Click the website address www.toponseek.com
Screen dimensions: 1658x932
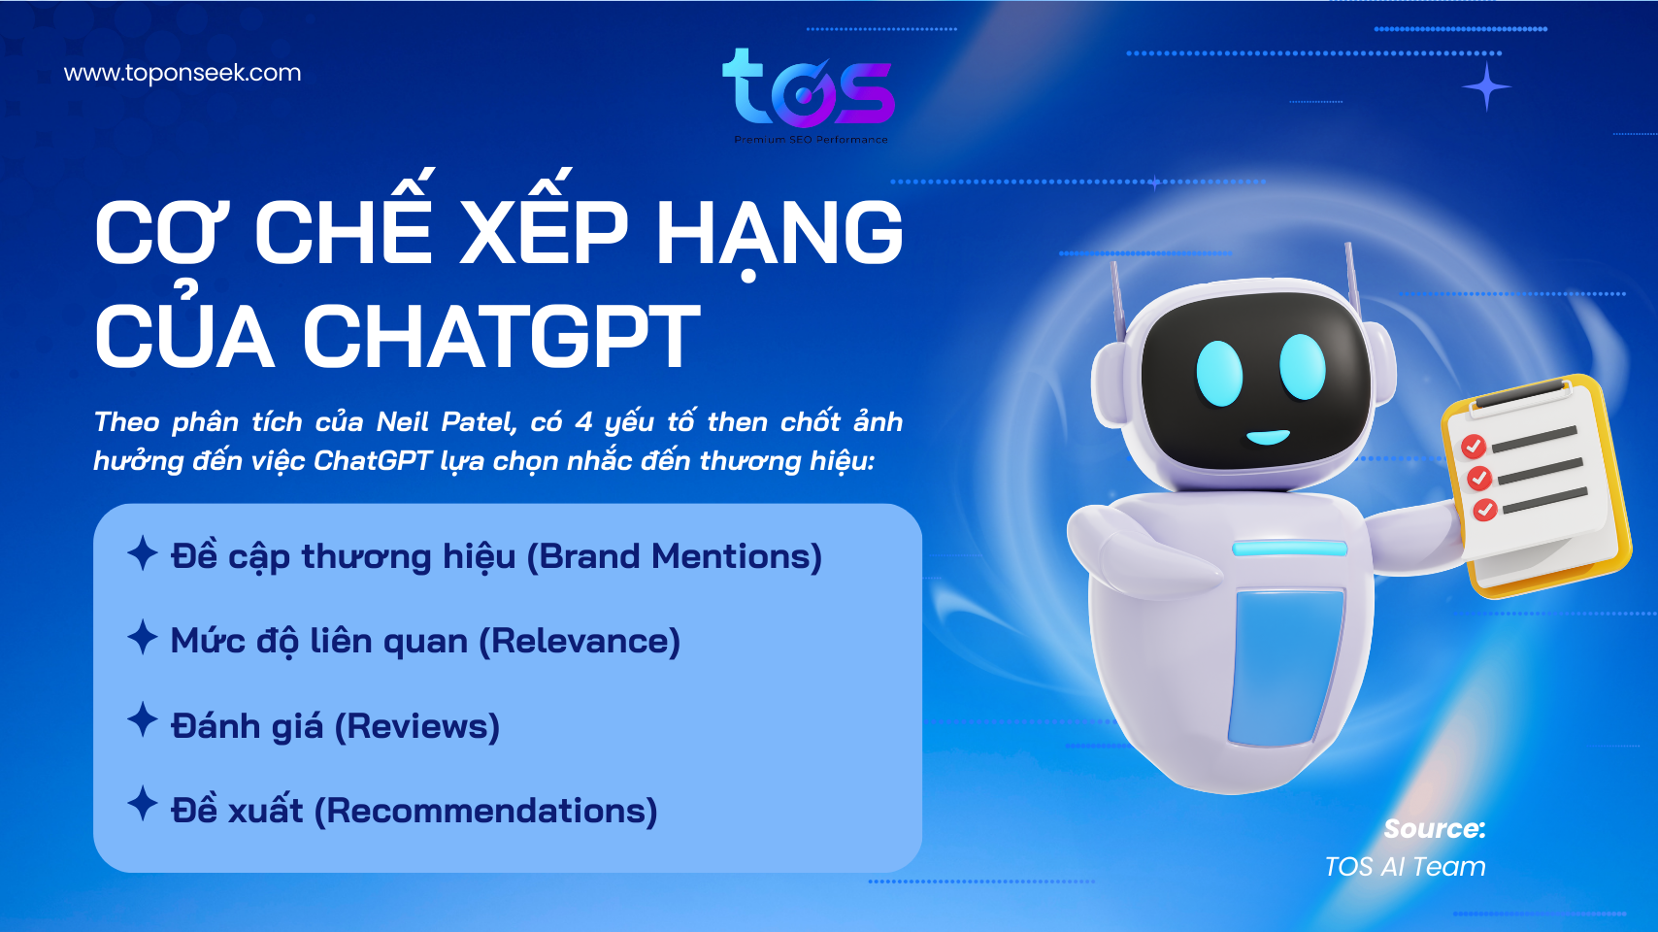click(x=182, y=73)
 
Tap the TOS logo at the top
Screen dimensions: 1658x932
click(x=809, y=90)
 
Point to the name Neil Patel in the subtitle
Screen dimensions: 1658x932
click(x=446, y=422)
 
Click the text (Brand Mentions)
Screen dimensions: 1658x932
click(x=675, y=556)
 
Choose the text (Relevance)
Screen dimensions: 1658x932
click(x=580, y=641)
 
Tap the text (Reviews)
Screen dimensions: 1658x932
click(x=417, y=726)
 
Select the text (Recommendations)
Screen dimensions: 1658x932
click(x=486, y=811)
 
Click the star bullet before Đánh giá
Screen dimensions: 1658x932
click(x=142, y=719)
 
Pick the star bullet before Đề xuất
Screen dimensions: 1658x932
click(x=142, y=804)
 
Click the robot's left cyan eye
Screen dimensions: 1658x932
click(x=1219, y=373)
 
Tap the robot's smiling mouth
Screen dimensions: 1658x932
click(x=1269, y=437)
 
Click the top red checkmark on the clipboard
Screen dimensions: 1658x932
click(x=1473, y=447)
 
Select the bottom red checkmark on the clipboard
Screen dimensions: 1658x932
click(x=1485, y=510)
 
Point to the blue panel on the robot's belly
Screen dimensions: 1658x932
click(x=1286, y=667)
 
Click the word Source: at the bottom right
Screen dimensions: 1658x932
click(x=1435, y=828)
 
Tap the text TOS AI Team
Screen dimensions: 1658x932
click(x=1405, y=867)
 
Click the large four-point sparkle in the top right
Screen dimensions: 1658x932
click(x=1486, y=86)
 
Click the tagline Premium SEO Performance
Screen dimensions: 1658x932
click(x=811, y=139)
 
